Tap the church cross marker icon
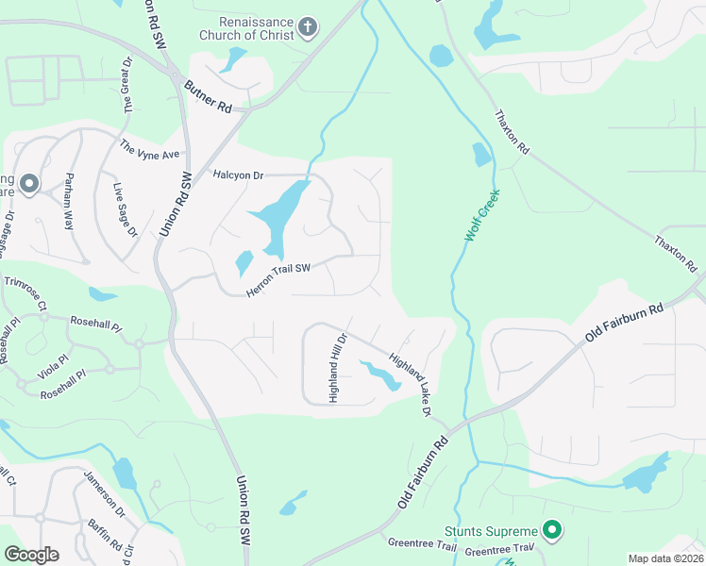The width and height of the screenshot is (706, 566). (308, 27)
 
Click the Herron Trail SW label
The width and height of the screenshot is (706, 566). (278, 281)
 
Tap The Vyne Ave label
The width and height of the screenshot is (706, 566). (149, 148)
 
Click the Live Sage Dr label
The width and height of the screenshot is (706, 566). (126, 210)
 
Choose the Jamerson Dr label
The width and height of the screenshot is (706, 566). (104, 493)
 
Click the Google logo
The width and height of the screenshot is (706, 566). (31, 555)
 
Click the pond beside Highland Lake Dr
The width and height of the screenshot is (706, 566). (379, 375)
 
